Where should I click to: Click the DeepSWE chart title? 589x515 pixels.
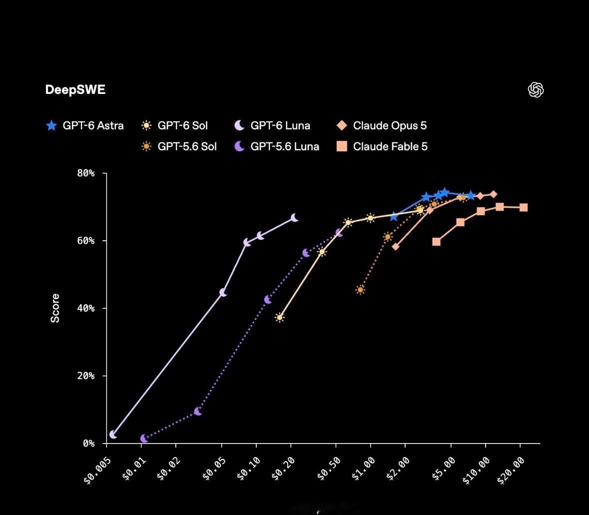75,90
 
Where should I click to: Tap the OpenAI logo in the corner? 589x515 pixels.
536,90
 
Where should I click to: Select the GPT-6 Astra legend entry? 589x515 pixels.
84,125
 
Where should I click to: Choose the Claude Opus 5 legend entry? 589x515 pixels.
382,125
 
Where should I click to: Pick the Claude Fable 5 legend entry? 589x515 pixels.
382,146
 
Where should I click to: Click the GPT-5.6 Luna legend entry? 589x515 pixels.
276,146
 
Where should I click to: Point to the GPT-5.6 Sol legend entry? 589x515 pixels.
179,146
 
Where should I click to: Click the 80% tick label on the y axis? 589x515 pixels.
85,173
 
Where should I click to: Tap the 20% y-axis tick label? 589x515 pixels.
85,376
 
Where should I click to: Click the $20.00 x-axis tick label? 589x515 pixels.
511,471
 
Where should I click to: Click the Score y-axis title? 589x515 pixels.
55,308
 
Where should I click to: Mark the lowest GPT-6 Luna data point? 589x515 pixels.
113,434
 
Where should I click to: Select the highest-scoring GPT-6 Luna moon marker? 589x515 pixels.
295,217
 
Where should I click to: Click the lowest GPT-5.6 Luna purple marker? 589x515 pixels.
144,439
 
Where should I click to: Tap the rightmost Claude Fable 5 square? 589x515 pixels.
523,207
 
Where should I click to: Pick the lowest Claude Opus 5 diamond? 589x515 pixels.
396,246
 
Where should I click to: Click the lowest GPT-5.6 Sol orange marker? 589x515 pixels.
360,290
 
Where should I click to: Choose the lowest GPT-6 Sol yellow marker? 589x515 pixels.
279,317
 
